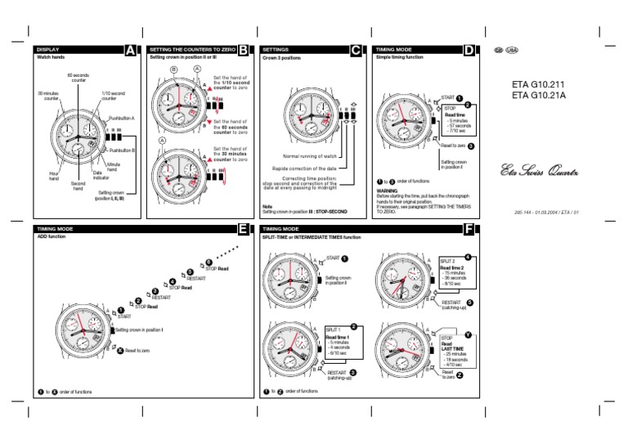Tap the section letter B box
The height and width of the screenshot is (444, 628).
[243, 51]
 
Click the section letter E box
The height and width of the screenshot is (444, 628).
[243, 229]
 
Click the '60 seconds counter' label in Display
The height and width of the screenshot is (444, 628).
[78, 78]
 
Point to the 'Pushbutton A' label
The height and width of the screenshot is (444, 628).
[122, 119]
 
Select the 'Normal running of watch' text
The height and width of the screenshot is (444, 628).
[310, 155]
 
